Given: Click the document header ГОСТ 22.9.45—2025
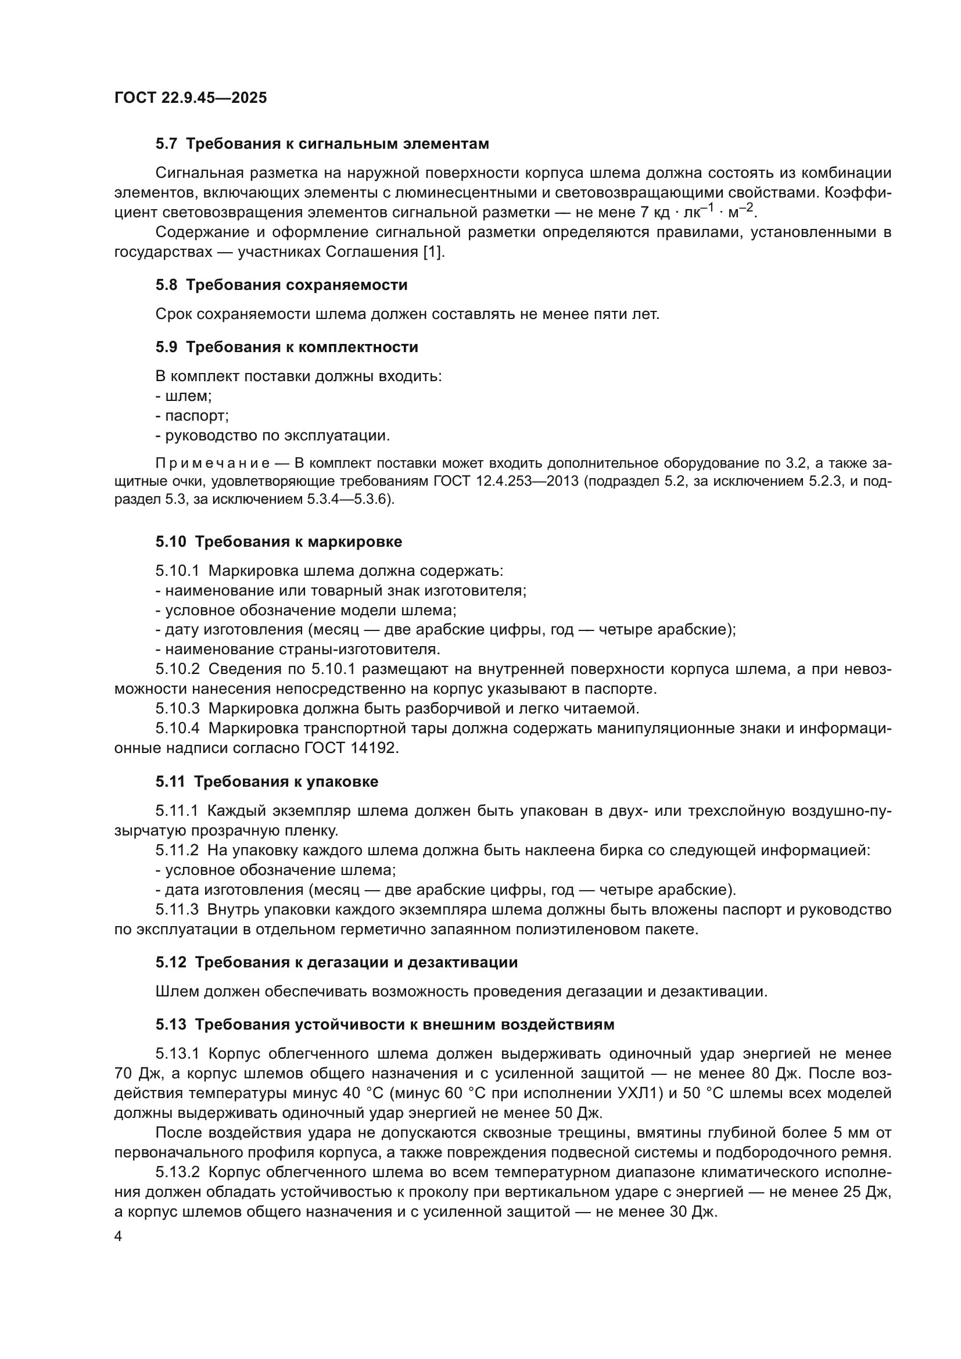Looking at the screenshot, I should tap(190, 98).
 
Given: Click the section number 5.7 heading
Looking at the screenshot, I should tap(166, 144).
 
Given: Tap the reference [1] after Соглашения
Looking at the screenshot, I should tap(433, 252).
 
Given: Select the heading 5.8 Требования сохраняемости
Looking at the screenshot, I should tap(281, 285).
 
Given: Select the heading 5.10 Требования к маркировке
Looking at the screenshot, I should tap(279, 542).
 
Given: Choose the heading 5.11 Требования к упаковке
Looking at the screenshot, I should tap(267, 781).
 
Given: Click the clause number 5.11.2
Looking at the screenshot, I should tap(177, 851).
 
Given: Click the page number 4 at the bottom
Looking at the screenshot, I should tap(119, 1237).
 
